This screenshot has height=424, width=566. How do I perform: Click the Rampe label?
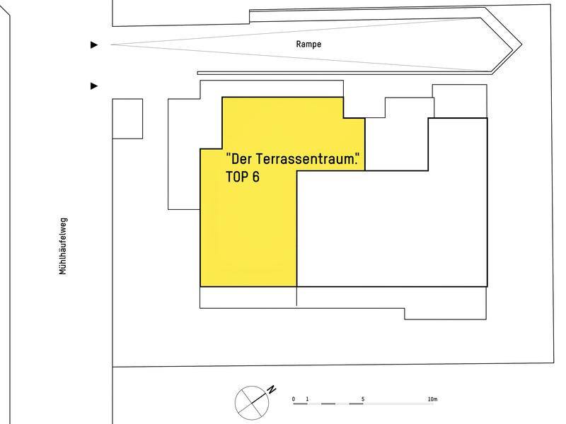pos(308,44)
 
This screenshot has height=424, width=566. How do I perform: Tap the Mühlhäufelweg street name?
pos(63,245)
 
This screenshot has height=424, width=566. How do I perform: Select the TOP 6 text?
pos(243,177)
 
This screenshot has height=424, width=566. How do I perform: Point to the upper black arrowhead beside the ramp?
pos(94,45)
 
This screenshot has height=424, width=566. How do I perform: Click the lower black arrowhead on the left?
pos(94,86)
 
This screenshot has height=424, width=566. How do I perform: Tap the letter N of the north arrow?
pos(271,389)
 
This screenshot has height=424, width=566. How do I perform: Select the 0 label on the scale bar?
pos(294,399)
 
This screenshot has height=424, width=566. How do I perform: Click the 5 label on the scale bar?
pos(363,399)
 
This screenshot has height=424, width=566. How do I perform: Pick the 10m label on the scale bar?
pos(432,399)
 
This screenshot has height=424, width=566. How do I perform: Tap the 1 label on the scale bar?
pos(307,399)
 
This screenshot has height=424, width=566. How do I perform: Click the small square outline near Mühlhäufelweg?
pos(127,118)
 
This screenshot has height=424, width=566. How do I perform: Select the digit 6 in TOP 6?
pos(255,177)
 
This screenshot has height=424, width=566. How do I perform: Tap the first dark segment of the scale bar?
pos(300,404)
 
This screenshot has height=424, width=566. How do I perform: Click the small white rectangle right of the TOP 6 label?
pos(396,144)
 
